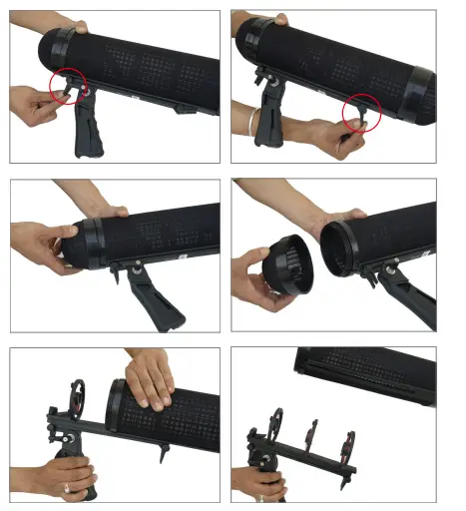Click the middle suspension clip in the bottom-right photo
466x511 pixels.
tap(311, 438)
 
